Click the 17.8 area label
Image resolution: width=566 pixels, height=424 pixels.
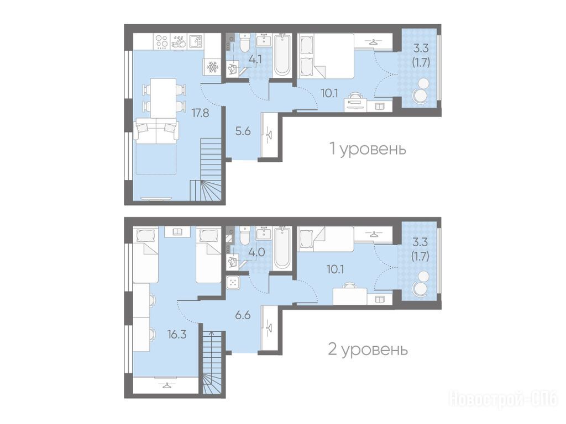(200, 113)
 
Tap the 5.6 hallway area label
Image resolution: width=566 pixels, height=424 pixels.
(243, 131)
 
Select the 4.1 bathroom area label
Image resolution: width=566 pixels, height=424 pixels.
(255, 59)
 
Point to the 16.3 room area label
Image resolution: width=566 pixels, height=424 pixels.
(177, 335)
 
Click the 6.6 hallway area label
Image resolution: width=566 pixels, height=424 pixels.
(243, 315)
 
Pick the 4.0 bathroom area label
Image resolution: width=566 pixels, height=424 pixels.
(257, 252)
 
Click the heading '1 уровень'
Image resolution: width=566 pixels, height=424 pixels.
(368, 149)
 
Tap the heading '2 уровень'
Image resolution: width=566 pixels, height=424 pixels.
(368, 349)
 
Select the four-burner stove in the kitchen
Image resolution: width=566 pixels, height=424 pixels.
(161, 41)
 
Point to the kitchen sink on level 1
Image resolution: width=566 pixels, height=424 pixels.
(195, 41)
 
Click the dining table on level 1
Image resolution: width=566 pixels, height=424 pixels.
(163, 97)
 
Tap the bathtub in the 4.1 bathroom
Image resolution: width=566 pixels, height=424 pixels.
(281, 55)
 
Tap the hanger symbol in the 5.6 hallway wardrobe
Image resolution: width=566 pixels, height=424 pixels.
(269, 136)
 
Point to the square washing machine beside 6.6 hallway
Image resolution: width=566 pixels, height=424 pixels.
(233, 282)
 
